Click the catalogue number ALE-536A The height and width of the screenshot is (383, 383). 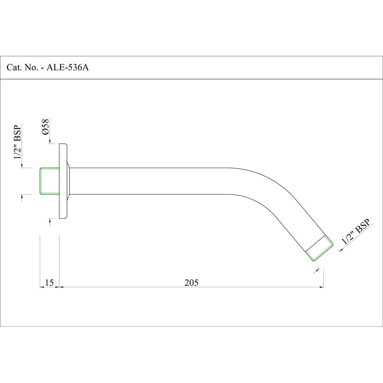[68, 68]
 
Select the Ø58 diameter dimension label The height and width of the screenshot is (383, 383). [45, 127]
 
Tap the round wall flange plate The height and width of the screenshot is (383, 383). [63, 181]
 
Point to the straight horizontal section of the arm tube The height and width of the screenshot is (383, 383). [153, 181]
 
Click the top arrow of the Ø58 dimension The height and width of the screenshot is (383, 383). [50, 142]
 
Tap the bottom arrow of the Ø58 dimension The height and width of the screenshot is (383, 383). [50, 221]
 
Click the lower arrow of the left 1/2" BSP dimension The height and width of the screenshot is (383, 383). [22, 196]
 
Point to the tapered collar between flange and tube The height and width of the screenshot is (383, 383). [69, 181]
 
